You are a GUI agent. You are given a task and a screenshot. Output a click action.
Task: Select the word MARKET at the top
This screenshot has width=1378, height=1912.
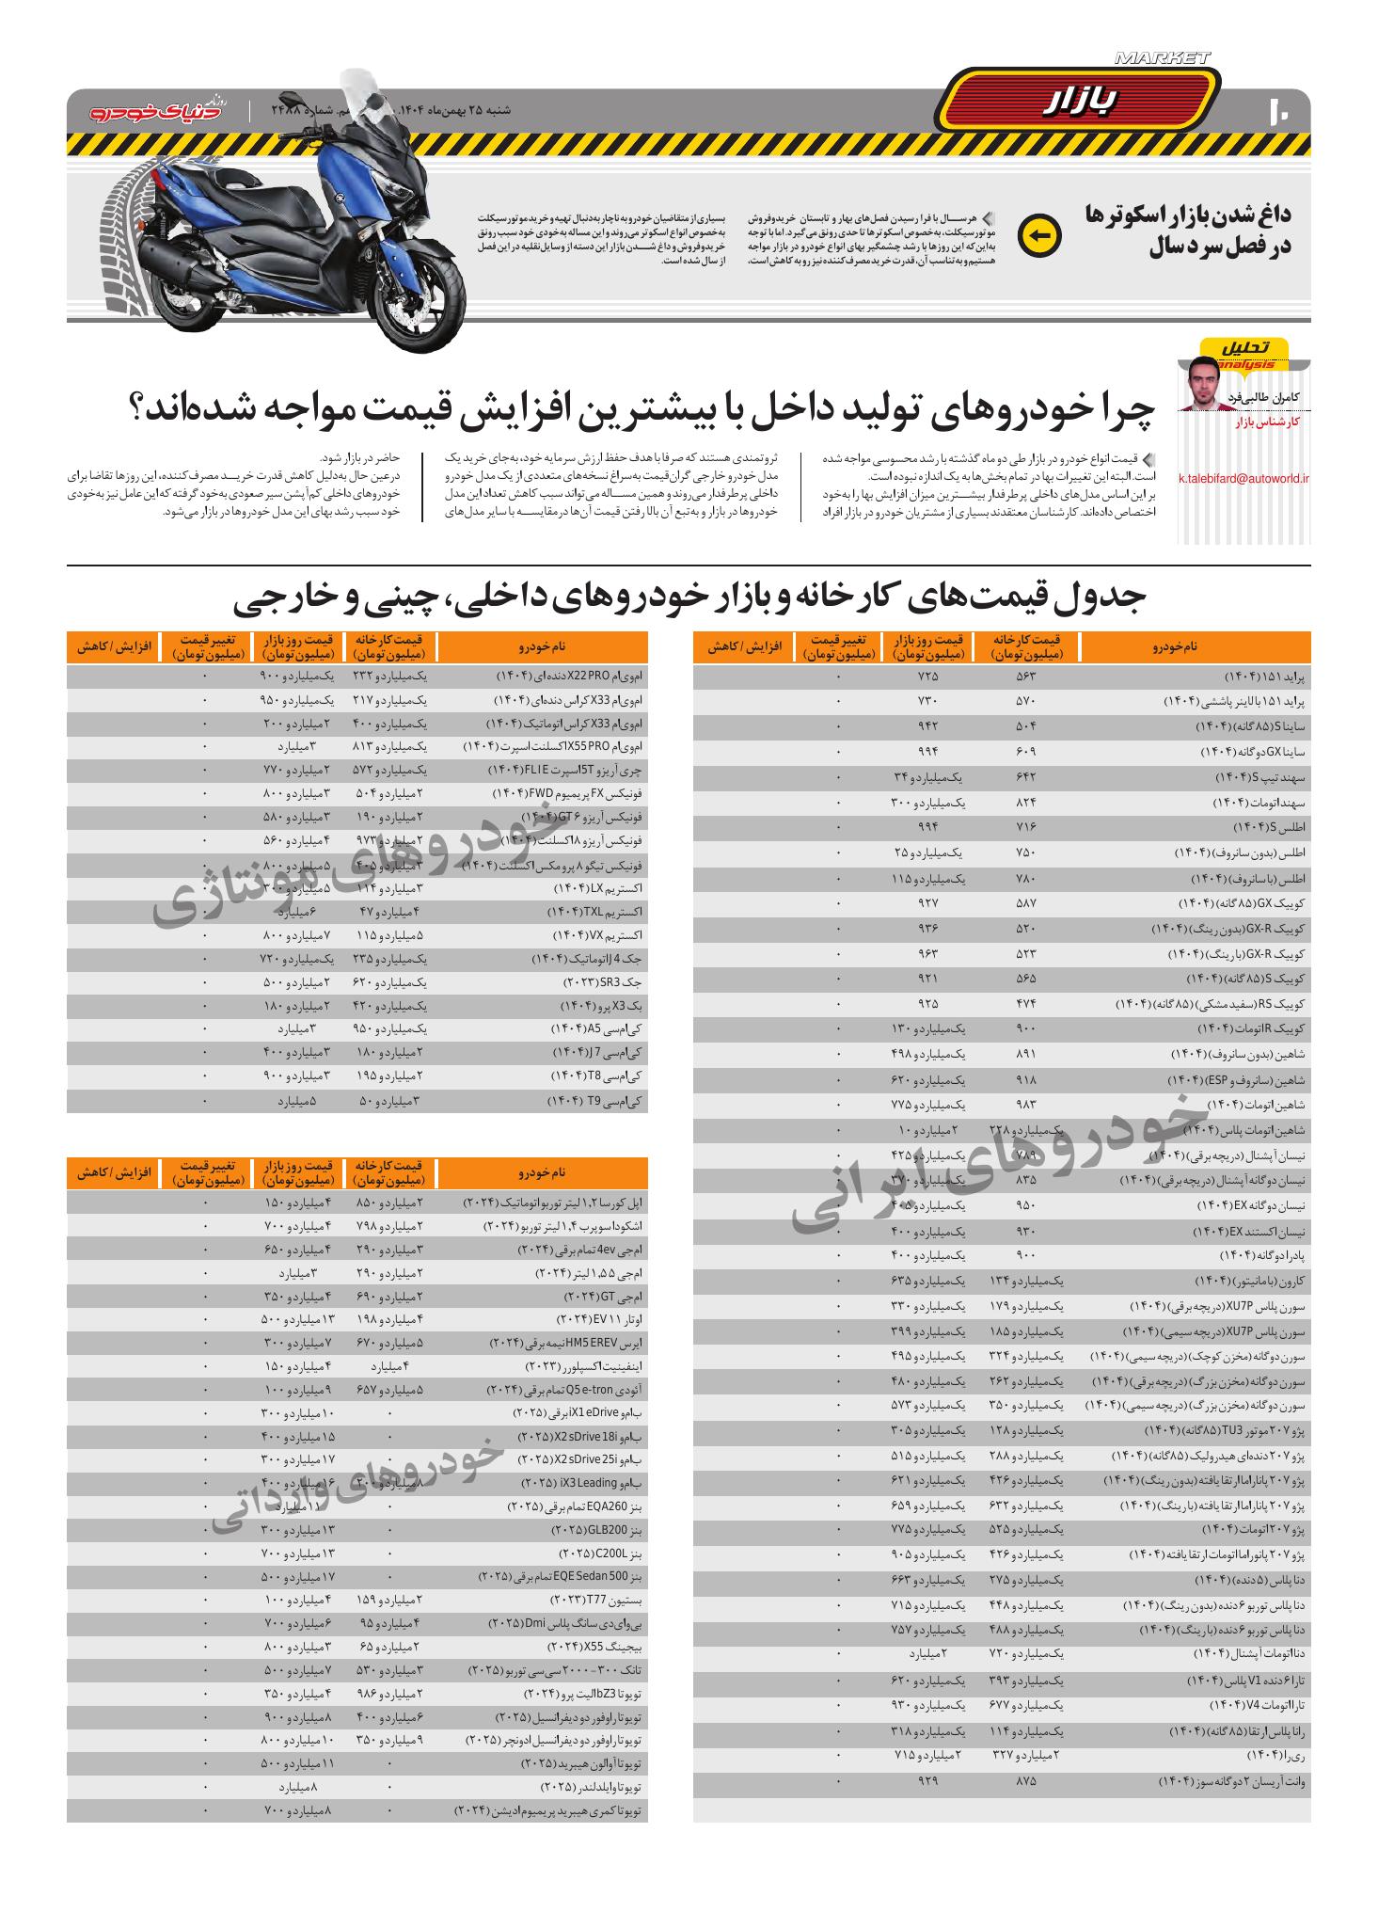pyautogui.click(x=1163, y=58)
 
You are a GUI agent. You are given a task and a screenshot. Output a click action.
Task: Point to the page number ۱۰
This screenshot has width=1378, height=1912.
pyautogui.click(x=1282, y=110)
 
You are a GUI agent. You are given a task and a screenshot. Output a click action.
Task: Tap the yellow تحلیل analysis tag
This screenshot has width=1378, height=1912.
pyautogui.click(x=1245, y=350)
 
